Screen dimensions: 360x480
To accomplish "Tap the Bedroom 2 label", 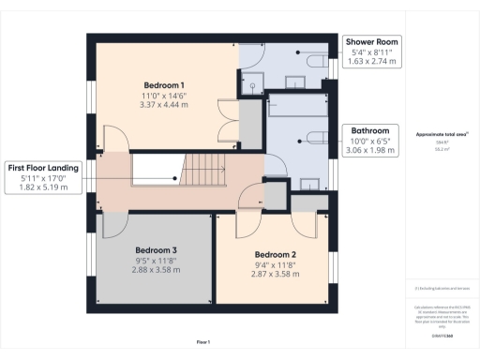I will pos(275,253).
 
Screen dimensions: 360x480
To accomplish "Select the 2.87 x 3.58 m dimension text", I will pos(275,276).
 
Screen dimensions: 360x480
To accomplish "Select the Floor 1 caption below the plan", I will pos(202,341).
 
